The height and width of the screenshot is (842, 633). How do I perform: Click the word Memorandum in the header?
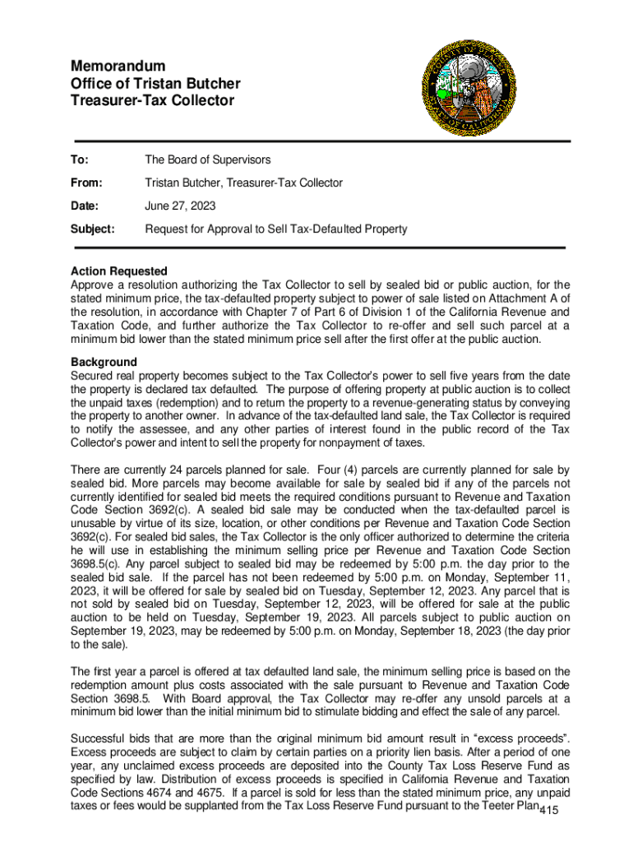point(118,65)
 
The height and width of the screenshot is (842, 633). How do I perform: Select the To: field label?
point(81,160)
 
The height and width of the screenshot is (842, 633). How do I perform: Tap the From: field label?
point(86,183)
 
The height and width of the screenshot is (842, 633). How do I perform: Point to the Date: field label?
point(85,206)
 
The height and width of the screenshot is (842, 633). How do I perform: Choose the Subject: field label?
point(92,229)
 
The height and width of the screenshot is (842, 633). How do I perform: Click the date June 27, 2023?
point(180,206)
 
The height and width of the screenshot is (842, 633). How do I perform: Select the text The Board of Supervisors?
point(208,160)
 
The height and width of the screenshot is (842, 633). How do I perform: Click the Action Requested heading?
point(119,271)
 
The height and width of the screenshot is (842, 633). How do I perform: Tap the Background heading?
point(104,362)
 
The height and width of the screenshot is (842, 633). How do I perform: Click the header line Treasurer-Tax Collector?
point(152,101)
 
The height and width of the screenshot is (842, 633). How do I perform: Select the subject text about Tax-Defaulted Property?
point(275,229)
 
